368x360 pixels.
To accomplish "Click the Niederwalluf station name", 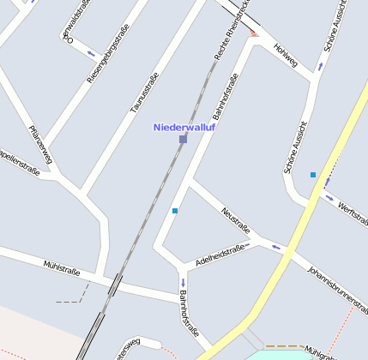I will pyautogui.click(x=184, y=127).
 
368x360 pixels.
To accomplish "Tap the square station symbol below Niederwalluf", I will pyautogui.click(x=183, y=139).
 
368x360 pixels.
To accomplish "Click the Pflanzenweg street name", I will pyautogui.click(x=40, y=143).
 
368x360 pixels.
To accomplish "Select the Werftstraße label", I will pyautogui.click(x=353, y=210).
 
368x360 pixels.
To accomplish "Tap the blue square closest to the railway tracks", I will pyautogui.click(x=175, y=210).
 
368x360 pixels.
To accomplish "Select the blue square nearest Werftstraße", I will pyautogui.click(x=313, y=175).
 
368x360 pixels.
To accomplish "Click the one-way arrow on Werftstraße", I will pyautogui.click(x=330, y=198).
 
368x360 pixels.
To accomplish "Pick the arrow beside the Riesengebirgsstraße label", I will pyautogui.click(x=91, y=53).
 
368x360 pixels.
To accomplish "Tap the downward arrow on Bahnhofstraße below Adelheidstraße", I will pyautogui.click(x=183, y=281).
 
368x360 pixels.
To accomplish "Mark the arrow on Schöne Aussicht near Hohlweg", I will pyautogui.click(x=321, y=65).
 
